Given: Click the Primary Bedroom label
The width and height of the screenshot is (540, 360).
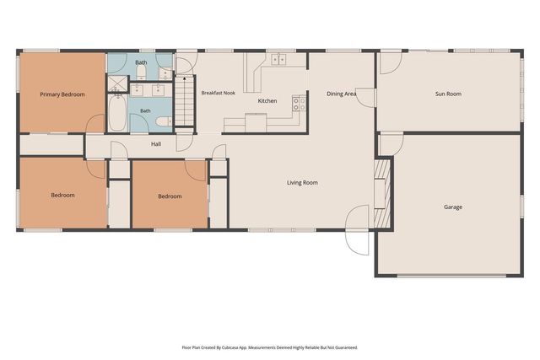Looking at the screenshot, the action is tap(62, 94).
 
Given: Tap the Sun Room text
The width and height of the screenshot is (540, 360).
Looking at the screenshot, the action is tap(448, 94).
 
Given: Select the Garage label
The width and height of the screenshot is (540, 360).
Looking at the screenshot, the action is tap(453, 207).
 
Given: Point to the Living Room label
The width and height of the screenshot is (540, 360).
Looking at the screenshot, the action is tap(302, 182).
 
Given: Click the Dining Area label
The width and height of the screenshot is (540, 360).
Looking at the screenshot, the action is tap(341, 94).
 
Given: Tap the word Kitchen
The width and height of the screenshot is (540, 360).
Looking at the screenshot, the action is tap(267, 101).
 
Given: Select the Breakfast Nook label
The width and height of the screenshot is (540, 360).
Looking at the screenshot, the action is tap(219, 93).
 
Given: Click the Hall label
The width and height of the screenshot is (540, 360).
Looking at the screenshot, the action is tap(156, 144).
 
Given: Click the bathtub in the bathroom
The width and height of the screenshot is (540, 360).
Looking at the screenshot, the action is tap(117, 113).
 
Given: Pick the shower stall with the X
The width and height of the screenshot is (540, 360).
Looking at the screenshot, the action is tap(117, 84).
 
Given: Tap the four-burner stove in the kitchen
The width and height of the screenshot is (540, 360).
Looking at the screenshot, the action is tap(299, 104).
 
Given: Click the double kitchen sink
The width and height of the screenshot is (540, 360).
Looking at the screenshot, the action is tap(278, 59).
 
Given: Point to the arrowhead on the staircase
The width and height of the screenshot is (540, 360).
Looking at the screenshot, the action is tap(185, 78).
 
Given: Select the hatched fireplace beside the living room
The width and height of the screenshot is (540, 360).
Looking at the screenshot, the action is tap(382, 193).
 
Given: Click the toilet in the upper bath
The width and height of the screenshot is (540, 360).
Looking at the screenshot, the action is tap(142, 72).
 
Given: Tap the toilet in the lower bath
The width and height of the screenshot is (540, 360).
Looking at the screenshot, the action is tap(164, 121).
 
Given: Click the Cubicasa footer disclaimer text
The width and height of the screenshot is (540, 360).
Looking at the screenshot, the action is tap(270, 347).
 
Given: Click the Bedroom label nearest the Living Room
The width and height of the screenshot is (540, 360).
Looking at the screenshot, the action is tap(170, 196).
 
